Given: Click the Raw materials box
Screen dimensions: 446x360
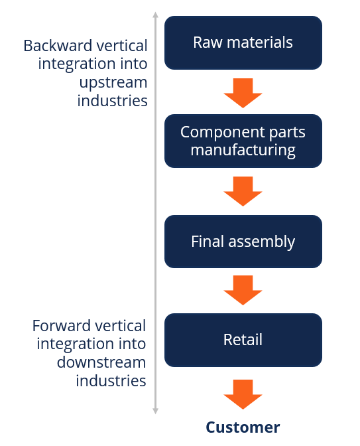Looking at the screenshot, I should [x=243, y=43].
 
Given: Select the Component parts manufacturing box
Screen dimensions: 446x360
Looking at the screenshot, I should [x=243, y=141].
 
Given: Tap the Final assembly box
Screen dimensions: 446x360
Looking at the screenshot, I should [x=243, y=242].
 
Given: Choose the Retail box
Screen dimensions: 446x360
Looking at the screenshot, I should [x=243, y=340].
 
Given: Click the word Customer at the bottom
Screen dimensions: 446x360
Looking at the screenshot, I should [x=243, y=427].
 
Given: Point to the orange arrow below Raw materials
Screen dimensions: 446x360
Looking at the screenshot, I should [x=243, y=92].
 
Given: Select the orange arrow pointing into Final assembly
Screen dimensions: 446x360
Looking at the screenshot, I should [x=243, y=191].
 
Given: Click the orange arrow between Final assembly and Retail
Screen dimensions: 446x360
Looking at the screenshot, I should [x=243, y=290].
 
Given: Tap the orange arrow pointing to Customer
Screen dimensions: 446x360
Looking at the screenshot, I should [x=243, y=394].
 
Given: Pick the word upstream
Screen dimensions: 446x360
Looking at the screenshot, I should [x=113, y=82].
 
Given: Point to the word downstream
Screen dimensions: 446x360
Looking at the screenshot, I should [x=101, y=362].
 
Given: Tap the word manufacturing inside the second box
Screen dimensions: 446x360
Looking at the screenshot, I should [x=243, y=150].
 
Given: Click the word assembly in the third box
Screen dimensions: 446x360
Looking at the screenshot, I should [x=262, y=242].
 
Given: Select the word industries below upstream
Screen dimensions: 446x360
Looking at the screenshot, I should [x=112, y=101].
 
